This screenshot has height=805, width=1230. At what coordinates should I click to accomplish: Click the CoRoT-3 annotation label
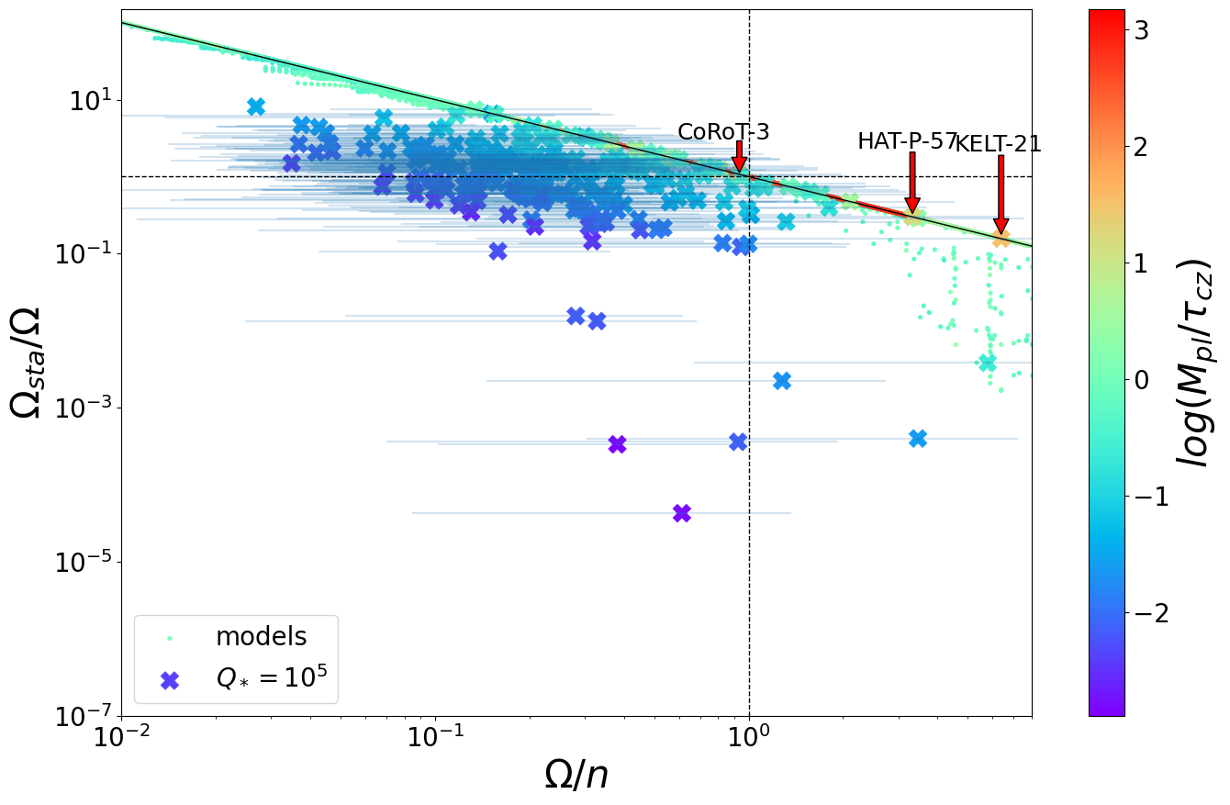[x=723, y=132]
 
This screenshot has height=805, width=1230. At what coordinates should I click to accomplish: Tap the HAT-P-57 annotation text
[x=907, y=141]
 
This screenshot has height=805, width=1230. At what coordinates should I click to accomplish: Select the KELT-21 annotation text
[x=999, y=143]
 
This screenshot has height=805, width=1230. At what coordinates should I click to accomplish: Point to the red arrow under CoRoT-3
[x=739, y=157]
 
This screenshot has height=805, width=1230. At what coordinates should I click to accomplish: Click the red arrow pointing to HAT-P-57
[x=912, y=184]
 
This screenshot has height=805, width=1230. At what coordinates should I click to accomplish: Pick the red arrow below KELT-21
[x=1001, y=195]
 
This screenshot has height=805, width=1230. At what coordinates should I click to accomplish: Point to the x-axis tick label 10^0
[x=750, y=739]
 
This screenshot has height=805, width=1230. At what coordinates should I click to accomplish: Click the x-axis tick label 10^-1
[x=434, y=739]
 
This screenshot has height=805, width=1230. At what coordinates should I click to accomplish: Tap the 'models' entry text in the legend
[x=261, y=636]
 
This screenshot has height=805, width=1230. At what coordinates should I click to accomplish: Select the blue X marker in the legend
[x=170, y=680]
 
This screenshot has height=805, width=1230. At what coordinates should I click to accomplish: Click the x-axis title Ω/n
[x=576, y=776]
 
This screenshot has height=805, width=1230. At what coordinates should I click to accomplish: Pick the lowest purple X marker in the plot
[x=681, y=513]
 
